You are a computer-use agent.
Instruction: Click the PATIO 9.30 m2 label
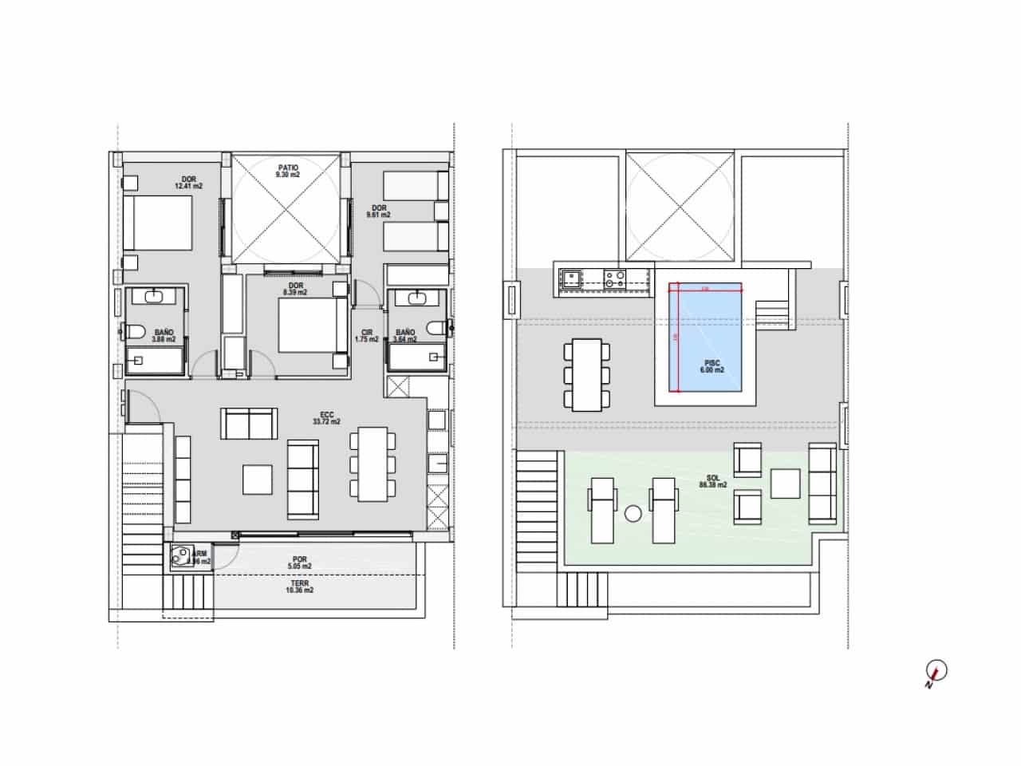coord(286,171)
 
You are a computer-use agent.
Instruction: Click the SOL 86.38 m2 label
coord(712,482)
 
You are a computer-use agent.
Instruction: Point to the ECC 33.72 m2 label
coord(326,418)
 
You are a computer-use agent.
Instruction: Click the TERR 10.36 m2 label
coord(301,587)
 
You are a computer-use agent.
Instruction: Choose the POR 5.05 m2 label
coord(301,563)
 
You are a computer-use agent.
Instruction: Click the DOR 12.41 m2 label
coord(188,183)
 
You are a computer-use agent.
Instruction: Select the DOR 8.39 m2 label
coord(296,289)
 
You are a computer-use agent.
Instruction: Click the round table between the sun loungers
coord(633,514)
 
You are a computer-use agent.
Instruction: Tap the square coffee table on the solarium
coord(786,483)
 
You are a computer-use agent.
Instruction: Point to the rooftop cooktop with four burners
coord(614,278)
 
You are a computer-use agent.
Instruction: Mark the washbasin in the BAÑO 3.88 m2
coord(155,298)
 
